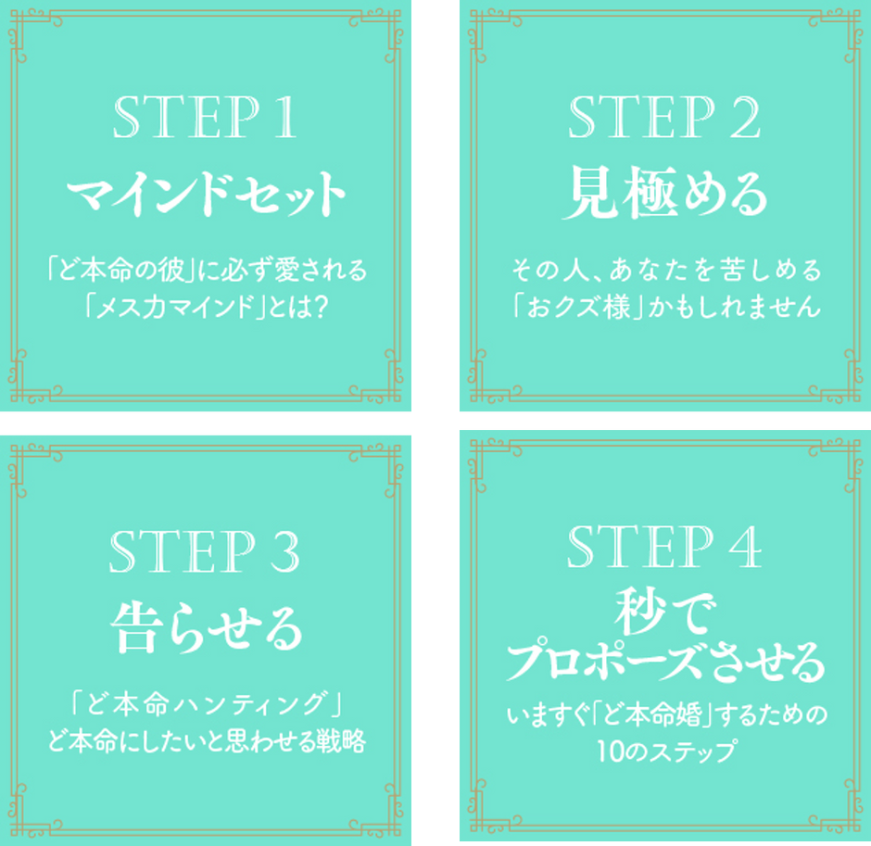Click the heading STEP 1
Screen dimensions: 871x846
[205, 117]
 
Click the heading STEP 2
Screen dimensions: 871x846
[664, 117]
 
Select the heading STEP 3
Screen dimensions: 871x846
[205, 551]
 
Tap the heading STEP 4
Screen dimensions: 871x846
[664, 547]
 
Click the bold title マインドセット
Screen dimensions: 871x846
[206, 194]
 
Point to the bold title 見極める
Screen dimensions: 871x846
[665, 194]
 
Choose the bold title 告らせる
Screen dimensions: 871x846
[206, 628]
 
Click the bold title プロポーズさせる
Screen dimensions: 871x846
[665, 663]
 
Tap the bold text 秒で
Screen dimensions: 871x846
[665, 612]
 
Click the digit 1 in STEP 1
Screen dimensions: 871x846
[285, 117]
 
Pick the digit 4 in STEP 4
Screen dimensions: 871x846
[746, 547]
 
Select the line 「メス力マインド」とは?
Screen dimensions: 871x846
[206, 307]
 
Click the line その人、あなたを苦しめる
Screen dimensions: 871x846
[666, 270]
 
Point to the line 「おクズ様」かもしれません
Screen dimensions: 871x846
[666, 307]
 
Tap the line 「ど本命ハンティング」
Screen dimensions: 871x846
[206, 704]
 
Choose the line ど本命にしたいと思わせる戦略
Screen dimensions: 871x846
[207, 740]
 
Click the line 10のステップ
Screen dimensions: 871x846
[666, 751]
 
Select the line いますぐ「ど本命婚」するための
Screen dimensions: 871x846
[666, 715]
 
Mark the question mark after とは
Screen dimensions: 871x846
[320, 307]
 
